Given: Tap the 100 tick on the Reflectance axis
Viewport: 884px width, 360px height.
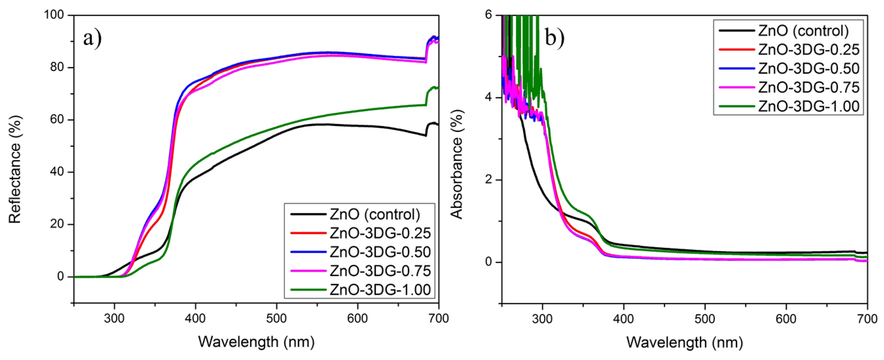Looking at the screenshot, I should pyautogui.click(x=54, y=15).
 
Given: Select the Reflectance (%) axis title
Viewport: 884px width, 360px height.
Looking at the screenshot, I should pyautogui.click(x=15, y=169).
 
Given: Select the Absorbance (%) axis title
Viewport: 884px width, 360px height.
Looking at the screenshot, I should pyautogui.click(x=456, y=164).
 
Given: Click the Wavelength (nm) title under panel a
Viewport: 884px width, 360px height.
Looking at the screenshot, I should pyautogui.click(x=256, y=342).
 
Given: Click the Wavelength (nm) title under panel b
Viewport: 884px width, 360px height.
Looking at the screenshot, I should pyautogui.click(x=685, y=342).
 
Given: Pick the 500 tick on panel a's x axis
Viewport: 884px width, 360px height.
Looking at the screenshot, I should pyautogui.click(x=276, y=318).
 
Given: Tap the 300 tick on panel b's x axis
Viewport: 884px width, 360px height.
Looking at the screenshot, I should pyautogui.click(x=542, y=318).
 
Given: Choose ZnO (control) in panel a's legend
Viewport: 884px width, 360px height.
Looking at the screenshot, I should pyautogui.click(x=375, y=214).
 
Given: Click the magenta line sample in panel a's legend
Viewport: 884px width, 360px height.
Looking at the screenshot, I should pyautogui.click(x=308, y=271).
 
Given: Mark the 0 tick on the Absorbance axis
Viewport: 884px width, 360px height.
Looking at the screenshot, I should pyautogui.click(x=489, y=262).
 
